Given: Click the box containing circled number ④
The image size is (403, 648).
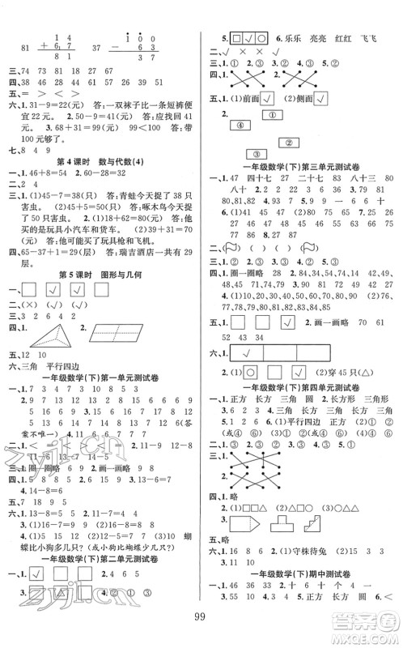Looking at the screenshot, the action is pyautogui.click(x=240, y=125).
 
